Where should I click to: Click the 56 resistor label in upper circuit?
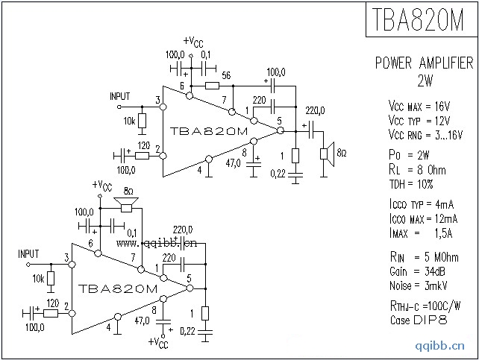pyautogui.click(x=226, y=75)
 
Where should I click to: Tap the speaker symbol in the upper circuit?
pyautogui.click(x=326, y=154)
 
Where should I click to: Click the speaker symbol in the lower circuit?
pyautogui.click(x=128, y=203)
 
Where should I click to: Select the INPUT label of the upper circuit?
pyautogui.click(x=119, y=97)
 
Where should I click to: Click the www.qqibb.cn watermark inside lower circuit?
pyautogui.click(x=156, y=242)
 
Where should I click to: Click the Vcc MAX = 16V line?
pyautogui.click(x=418, y=105)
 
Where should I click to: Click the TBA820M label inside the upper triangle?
pyautogui.click(x=209, y=130)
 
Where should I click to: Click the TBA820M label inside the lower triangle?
pyautogui.click(x=117, y=288)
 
